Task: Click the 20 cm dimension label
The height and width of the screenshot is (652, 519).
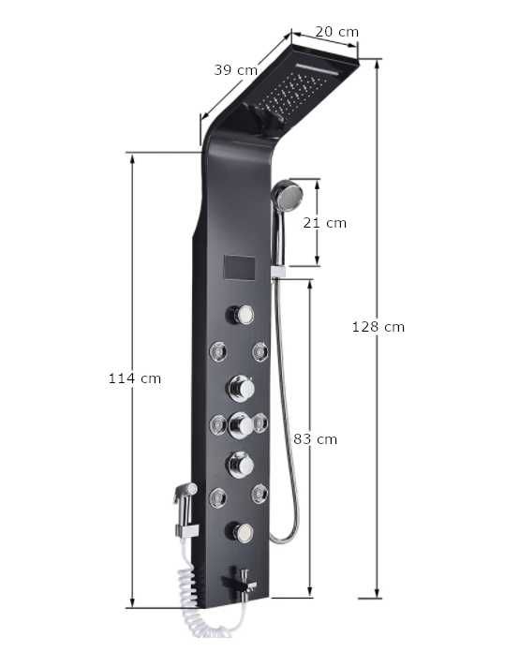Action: click(336, 32)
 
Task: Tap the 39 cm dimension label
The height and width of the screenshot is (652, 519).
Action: click(236, 70)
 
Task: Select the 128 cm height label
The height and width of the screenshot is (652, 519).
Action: click(378, 327)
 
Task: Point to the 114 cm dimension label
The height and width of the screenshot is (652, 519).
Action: click(135, 378)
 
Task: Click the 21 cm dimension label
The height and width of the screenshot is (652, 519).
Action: click(324, 223)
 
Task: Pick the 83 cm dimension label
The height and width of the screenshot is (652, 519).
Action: click(315, 439)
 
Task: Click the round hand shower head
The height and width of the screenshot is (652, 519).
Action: click(287, 195)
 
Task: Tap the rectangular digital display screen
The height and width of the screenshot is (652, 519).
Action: click(239, 268)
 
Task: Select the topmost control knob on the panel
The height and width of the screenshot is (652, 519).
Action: click(241, 315)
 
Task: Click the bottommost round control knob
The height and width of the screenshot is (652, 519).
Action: click(241, 533)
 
